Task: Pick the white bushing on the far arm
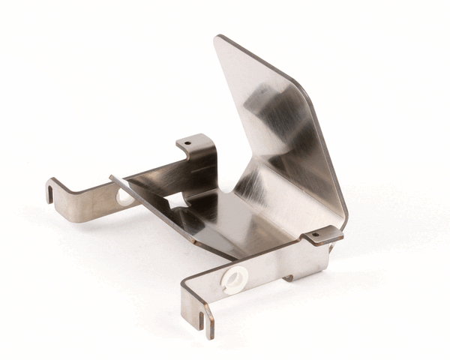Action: (x=124, y=196)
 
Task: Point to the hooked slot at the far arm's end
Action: (x=50, y=193)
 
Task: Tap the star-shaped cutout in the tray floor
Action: (x=178, y=202)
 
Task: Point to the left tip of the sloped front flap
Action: (x=112, y=178)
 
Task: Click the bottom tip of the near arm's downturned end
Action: (x=209, y=335)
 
